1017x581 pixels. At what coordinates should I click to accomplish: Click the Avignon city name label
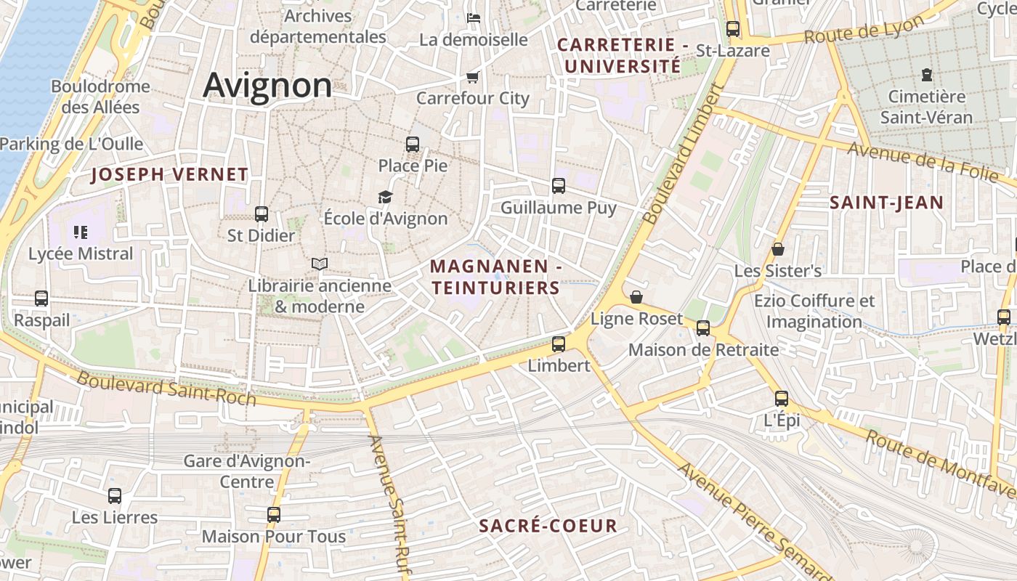pos(267,85)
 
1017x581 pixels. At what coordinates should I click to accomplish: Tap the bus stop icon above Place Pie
pos(413,144)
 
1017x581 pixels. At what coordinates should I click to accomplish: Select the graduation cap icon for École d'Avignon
pos(385,197)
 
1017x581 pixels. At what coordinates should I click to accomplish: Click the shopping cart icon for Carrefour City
pos(473,77)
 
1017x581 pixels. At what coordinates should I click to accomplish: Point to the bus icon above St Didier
pos(262,214)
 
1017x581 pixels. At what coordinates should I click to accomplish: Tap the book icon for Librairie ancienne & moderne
pos(320,264)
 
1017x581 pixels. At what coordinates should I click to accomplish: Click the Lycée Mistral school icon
pos(81,232)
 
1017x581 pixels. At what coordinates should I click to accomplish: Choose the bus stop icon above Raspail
pos(41,298)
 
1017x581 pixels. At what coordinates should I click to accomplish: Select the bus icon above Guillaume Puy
pos(559,186)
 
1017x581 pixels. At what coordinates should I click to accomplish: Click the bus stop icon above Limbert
pos(559,344)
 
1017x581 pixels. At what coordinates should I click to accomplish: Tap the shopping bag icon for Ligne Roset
pos(636,297)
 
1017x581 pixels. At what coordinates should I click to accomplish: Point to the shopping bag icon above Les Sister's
pos(778,250)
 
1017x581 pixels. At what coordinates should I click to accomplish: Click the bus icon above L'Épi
pos(782,399)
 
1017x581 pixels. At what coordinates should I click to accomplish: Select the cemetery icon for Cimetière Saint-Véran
pos(926,74)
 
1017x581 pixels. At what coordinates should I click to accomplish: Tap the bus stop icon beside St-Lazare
pos(733,29)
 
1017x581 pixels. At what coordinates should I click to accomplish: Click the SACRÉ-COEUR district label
pos(548,526)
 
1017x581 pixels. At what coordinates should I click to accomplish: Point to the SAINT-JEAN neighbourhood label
pos(886,203)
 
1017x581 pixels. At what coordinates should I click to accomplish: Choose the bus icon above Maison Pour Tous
pos(274,515)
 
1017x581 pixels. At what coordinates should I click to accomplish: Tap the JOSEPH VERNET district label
pos(170,174)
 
